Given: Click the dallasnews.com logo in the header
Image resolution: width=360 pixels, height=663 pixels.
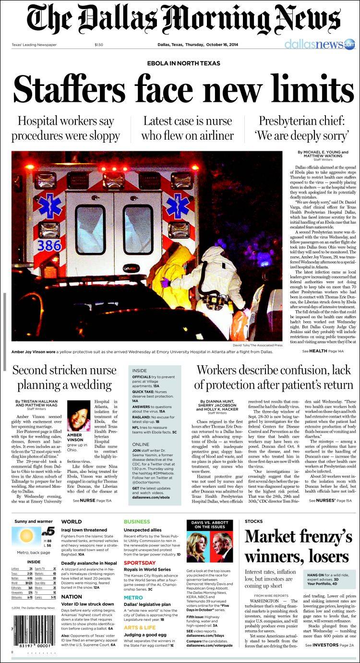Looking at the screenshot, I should (319, 45).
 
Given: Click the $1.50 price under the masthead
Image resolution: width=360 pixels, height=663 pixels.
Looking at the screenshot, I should (99, 45).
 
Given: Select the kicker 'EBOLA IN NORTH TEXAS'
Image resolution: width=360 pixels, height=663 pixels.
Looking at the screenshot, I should (183, 63).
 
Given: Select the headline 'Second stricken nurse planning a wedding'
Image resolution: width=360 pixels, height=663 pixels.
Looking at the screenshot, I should (64, 377).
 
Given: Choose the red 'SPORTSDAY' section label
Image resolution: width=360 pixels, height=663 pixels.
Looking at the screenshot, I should (139, 563).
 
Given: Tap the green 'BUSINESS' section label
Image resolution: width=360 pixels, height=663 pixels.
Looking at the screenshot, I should (137, 521).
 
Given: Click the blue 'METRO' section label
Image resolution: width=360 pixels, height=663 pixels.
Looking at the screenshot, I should (133, 598).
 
